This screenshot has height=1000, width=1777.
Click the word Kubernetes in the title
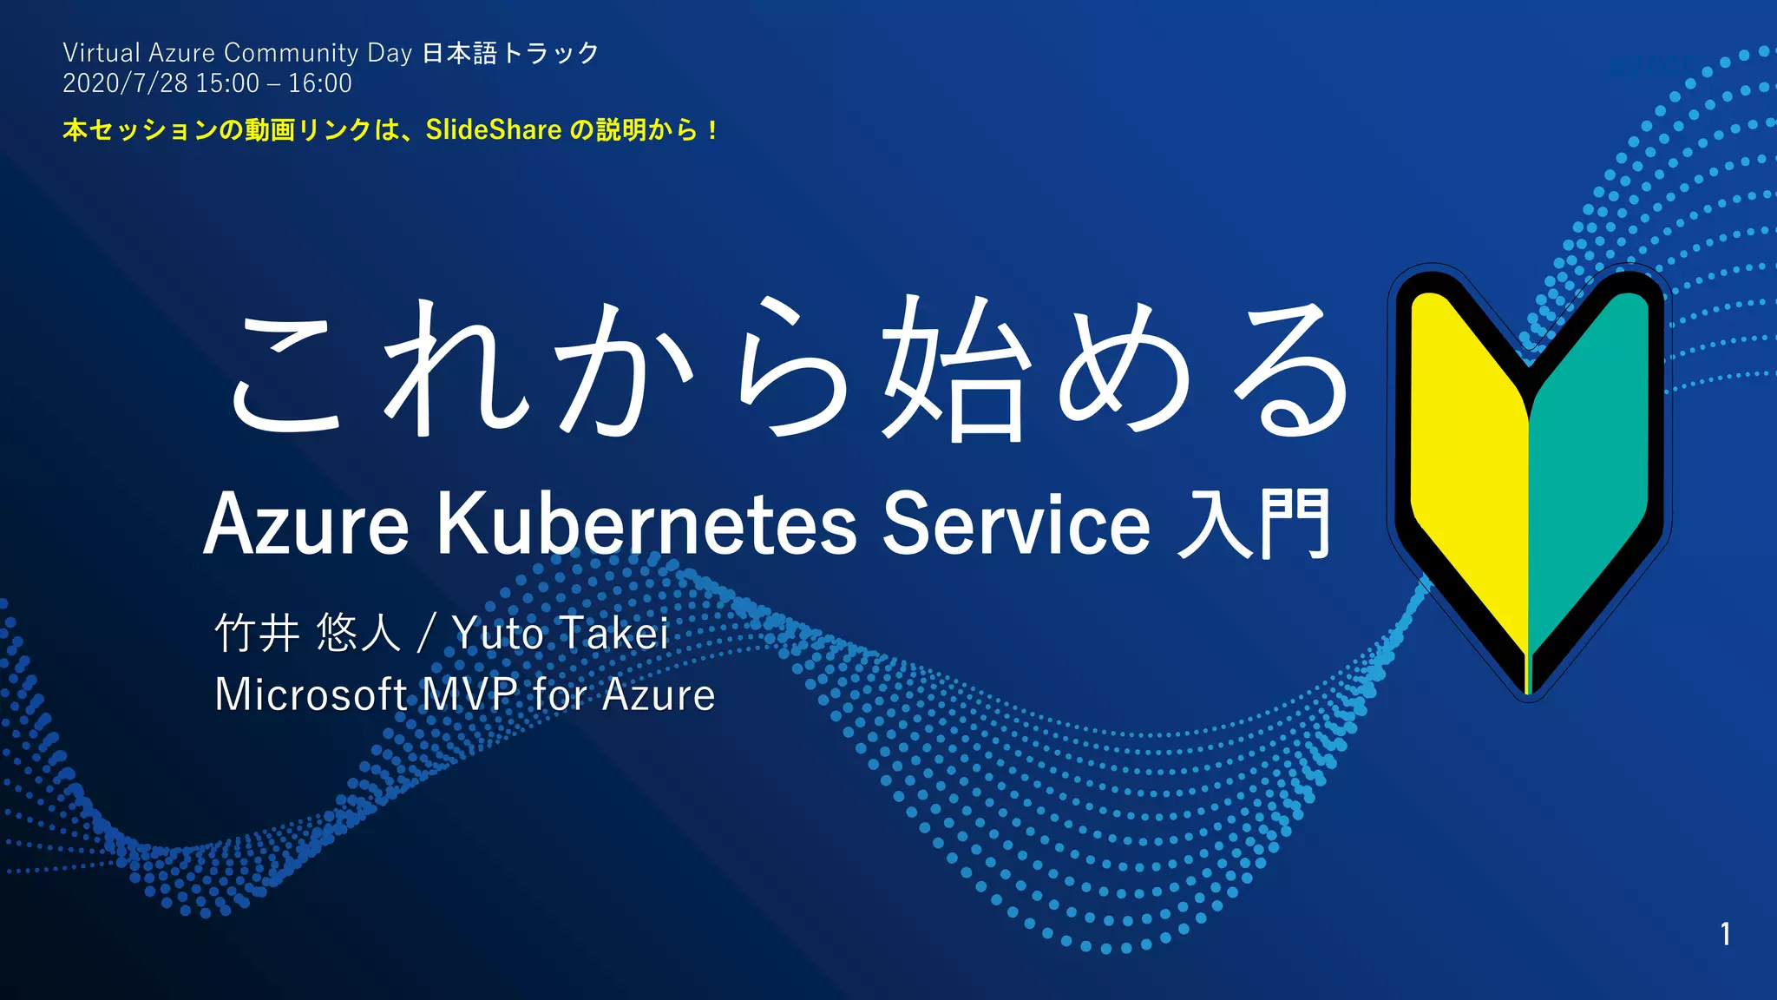(646, 523)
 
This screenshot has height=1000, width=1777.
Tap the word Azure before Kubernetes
(305, 523)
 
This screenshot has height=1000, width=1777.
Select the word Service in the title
(1016, 523)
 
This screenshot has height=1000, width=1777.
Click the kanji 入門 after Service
(1254, 523)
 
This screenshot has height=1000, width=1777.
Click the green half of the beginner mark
(1588, 460)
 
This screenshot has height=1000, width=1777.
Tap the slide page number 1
(1725, 934)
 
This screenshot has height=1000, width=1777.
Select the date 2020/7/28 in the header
(125, 83)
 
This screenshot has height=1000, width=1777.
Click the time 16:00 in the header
(320, 83)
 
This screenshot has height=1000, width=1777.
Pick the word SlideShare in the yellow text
(493, 130)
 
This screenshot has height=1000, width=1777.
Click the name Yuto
(498, 633)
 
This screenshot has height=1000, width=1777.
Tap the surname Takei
(613, 633)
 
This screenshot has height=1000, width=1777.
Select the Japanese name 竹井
(258, 633)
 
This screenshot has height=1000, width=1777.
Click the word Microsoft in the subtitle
(311, 694)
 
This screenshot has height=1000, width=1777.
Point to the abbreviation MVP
(469, 694)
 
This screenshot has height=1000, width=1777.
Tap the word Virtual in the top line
(102, 53)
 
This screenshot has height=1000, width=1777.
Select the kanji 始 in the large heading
(954, 369)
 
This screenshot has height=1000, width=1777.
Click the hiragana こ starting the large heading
(286, 373)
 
